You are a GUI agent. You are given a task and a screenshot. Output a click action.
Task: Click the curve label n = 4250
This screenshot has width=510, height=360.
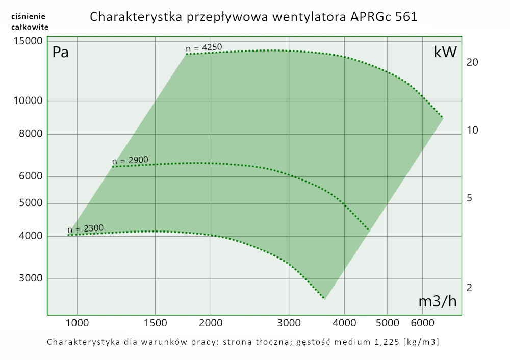point(204,48)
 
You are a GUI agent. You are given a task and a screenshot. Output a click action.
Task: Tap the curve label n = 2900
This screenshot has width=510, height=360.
point(130,161)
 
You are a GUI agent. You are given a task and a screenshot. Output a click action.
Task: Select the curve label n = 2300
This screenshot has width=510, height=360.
point(85,228)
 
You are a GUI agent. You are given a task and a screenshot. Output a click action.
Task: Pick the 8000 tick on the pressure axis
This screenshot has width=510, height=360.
point(30,134)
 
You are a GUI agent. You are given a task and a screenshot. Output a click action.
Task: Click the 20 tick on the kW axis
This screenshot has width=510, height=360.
point(472,62)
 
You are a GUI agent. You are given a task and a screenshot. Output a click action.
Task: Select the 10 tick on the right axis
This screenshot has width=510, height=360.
point(472,131)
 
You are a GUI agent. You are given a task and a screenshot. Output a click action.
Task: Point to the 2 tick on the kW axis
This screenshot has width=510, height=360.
point(470,288)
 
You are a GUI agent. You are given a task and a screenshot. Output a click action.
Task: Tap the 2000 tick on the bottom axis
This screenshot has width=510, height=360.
point(211,323)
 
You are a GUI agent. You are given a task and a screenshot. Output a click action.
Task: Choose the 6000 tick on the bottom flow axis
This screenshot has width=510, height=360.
point(422,323)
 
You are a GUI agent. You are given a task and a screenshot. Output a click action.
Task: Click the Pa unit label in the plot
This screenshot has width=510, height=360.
point(61,52)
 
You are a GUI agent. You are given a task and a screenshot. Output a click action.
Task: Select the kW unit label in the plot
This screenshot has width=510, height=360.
point(445,52)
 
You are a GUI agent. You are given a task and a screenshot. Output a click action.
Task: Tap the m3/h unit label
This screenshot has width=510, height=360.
point(438,301)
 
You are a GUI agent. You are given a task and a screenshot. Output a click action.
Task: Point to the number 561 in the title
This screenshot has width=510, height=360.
point(406,17)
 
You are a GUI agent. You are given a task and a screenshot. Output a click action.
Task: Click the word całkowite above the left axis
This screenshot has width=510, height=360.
point(30,27)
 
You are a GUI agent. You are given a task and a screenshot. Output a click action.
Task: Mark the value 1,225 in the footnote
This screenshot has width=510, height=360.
point(382,341)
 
